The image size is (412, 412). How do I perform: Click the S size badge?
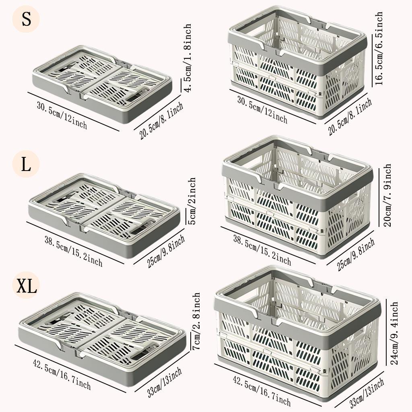(x=26, y=19)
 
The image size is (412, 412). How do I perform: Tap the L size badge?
(x=26, y=164)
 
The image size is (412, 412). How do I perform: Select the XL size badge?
(x=26, y=285)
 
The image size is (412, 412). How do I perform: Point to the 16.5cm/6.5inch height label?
(x=379, y=48)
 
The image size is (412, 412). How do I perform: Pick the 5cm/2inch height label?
(x=192, y=201)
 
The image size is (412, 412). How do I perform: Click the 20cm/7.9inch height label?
(x=387, y=195)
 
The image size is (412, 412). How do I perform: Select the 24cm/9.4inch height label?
(x=394, y=333)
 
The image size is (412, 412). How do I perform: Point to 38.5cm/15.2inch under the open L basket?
(x=262, y=250)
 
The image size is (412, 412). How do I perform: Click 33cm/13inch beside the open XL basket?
(x=367, y=393)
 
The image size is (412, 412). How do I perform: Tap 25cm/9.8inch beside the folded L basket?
(x=166, y=251)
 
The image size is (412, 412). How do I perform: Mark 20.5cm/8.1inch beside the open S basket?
(x=350, y=117)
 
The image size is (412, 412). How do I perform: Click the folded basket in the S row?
(x=103, y=84)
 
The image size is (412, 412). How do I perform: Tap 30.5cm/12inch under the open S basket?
(x=262, y=110)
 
